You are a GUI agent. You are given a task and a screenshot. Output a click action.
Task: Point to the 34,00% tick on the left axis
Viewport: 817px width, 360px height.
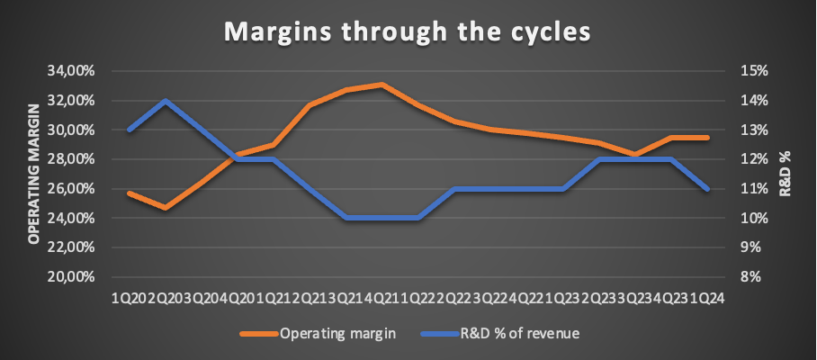pyautogui.click(x=70, y=71)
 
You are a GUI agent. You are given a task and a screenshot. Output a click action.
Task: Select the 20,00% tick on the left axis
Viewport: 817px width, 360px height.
pyautogui.click(x=70, y=276)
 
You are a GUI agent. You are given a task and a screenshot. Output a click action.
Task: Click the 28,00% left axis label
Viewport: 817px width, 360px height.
pyautogui.click(x=70, y=159)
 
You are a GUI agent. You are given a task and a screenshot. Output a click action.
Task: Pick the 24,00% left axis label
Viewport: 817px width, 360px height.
pyautogui.click(x=70, y=219)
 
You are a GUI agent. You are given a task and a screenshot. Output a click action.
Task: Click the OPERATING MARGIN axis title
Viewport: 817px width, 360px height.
pyautogui.click(x=33, y=174)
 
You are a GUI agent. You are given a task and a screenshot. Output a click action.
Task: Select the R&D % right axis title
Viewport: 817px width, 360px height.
pyautogui.click(x=786, y=174)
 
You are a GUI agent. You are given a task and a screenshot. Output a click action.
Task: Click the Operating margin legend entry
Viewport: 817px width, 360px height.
pyautogui.click(x=318, y=333)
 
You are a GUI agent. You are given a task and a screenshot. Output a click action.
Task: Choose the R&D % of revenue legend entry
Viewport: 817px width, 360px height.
pyautogui.click(x=500, y=333)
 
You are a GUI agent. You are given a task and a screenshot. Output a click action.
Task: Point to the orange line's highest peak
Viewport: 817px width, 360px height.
pyautogui.click(x=382, y=84)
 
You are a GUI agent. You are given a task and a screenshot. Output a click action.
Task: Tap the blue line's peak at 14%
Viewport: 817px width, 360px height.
pyautogui.click(x=166, y=100)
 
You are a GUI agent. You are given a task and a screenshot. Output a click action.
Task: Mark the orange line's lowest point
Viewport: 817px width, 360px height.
pyautogui.click(x=166, y=208)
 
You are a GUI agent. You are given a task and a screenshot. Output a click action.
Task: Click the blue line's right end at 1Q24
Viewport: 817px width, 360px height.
pyautogui.click(x=707, y=190)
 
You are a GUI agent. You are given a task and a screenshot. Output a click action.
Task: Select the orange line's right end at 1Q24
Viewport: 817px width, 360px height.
pyautogui.click(x=707, y=138)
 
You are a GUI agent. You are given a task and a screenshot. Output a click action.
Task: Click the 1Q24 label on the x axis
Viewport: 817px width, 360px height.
pyautogui.click(x=707, y=298)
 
